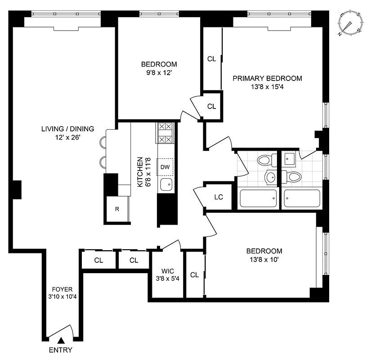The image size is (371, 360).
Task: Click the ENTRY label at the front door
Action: pyautogui.click(x=60, y=350)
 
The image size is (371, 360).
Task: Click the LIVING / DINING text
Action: pyautogui.click(x=67, y=129)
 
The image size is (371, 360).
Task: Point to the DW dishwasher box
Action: pyautogui.click(x=165, y=167)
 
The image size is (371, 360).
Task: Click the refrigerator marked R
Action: pyautogui.click(x=117, y=209)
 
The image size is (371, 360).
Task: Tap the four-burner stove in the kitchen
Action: pyautogui.click(x=165, y=133)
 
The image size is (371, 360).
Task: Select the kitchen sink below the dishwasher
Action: pyautogui.click(x=166, y=184)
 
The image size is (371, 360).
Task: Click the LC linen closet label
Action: pyautogui.click(x=219, y=198)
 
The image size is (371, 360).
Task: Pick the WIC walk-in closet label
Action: pyautogui.click(x=166, y=271)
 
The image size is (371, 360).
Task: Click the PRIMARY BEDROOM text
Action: pyautogui.click(x=267, y=78)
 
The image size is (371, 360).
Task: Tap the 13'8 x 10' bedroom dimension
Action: pyautogui.click(x=264, y=259)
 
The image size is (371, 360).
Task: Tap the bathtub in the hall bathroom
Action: pyautogui.click(x=258, y=198)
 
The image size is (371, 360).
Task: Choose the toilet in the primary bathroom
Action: pyautogui.click(x=293, y=176)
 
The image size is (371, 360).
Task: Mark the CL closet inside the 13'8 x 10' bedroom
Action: pyautogui.click(x=194, y=274)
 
